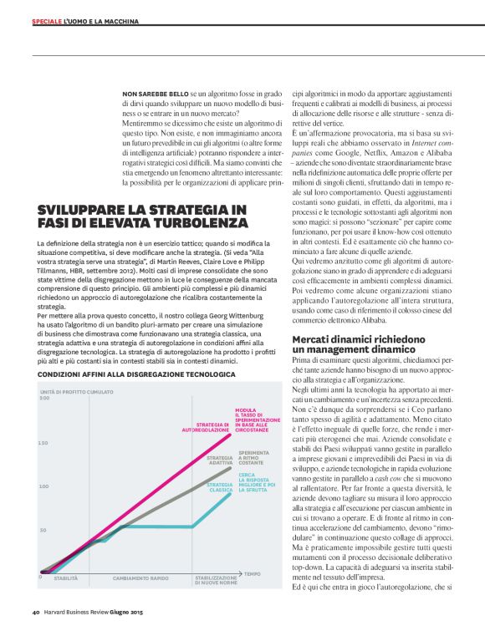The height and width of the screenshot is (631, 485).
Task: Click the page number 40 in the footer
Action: pyautogui.click(x=36, y=620)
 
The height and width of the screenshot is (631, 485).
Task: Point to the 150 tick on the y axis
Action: pyautogui.click(x=43, y=442)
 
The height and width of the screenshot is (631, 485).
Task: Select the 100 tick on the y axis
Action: pyautogui.click(x=43, y=486)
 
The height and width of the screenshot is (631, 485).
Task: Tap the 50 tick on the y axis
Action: pyautogui.click(x=42, y=531)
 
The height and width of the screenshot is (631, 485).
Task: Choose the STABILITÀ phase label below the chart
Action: pyautogui.click(x=66, y=578)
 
